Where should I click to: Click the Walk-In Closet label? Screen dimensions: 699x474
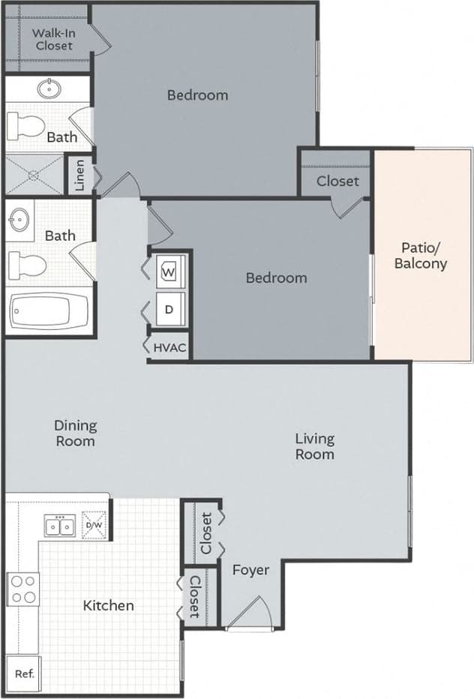pos(52,39)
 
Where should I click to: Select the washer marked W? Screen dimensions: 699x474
pos(169,271)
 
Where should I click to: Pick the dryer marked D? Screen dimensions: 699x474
pos(169,308)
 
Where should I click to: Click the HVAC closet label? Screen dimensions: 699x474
pos(169,348)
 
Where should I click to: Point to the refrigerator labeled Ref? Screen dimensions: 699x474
pos(23,673)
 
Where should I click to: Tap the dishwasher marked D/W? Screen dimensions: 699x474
pos(95,525)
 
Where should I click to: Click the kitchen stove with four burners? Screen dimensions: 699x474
pos(23,589)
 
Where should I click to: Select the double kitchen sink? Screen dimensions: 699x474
pos(59,526)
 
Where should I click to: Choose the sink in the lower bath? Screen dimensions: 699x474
pos(20,220)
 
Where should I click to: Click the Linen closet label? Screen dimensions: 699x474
pos(80,175)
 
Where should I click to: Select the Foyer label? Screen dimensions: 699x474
pos(250,570)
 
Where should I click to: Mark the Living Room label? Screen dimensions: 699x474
pos(314,446)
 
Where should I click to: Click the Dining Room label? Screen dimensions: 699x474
pos(75,433)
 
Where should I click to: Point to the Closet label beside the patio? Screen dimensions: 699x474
pos(337,181)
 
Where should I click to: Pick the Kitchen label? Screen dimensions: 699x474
pos(108,604)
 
